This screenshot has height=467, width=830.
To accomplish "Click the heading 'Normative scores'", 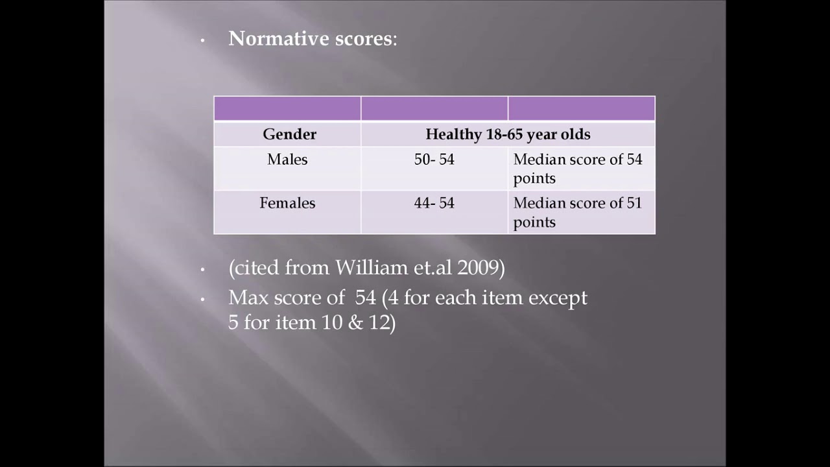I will pyautogui.click(x=310, y=39).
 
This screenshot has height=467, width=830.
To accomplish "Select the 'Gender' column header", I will pyautogui.click(x=289, y=134).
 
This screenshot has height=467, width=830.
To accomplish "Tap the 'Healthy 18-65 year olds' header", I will pyautogui.click(x=508, y=134).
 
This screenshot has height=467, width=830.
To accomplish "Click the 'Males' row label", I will pyautogui.click(x=287, y=160).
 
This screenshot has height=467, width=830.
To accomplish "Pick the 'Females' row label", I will pyautogui.click(x=287, y=203).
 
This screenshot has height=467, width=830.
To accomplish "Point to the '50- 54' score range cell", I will pyautogui.click(x=434, y=160).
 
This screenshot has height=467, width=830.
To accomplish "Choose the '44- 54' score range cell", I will pyautogui.click(x=434, y=203).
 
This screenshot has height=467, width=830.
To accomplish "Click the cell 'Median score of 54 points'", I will pyautogui.click(x=577, y=169).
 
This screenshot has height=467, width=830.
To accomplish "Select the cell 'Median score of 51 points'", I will pyautogui.click(x=577, y=212).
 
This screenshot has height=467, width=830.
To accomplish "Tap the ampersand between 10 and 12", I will pyautogui.click(x=355, y=322).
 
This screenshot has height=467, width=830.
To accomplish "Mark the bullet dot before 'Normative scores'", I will pyautogui.click(x=202, y=41).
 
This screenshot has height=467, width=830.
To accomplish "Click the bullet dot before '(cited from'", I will pyautogui.click(x=202, y=269).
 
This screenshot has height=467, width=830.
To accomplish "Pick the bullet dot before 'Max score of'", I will pyautogui.click(x=202, y=300).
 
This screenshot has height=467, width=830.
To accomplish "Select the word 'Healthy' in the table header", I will pyautogui.click(x=453, y=134).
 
